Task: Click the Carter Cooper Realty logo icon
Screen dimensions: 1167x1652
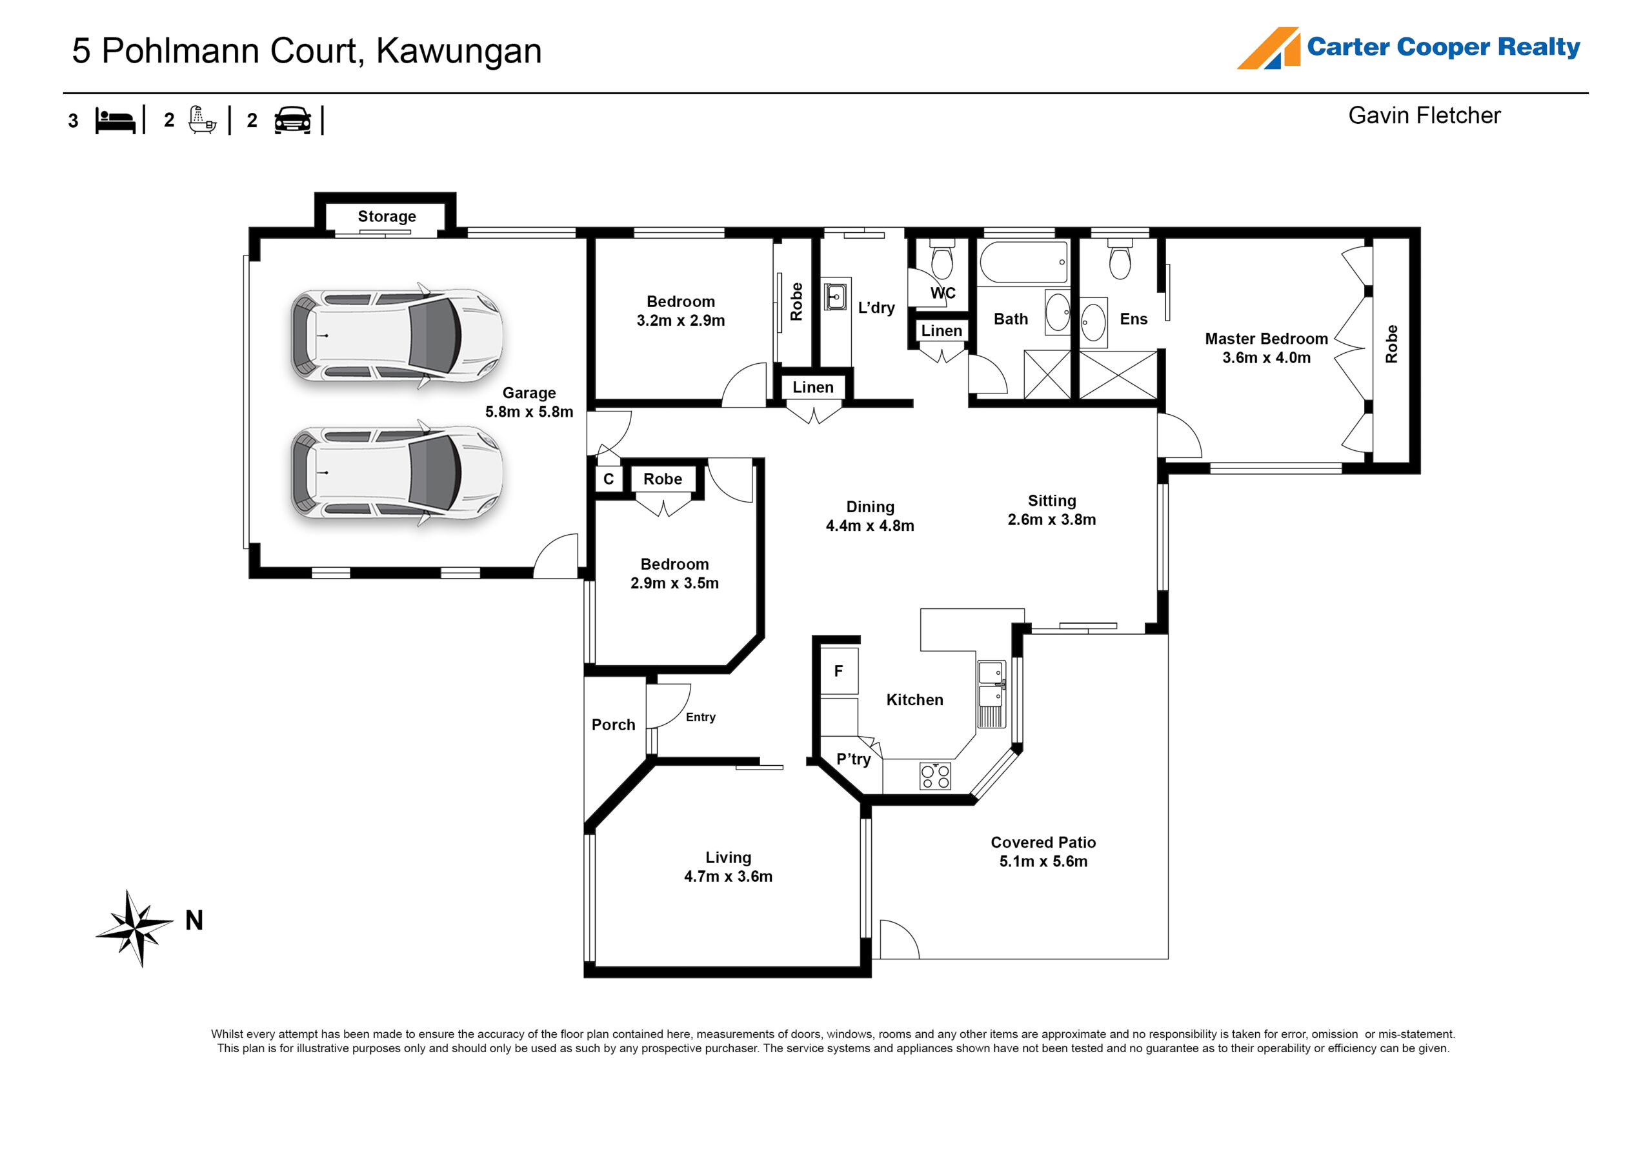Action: pos(1268,48)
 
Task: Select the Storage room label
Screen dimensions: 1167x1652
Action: pos(387,217)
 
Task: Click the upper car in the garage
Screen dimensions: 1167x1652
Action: pos(396,335)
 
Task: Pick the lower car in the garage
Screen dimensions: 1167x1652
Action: pos(396,473)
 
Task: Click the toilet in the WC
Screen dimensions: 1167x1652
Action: pos(942,260)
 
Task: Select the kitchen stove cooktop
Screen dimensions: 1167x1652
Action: pos(934,775)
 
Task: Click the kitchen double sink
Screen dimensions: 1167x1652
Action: pos(990,684)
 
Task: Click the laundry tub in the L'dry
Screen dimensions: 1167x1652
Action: pos(835,295)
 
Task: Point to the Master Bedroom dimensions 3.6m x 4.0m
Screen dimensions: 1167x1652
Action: pos(1265,357)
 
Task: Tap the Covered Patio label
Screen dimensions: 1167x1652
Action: pos(1043,842)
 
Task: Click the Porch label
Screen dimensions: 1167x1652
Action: pos(613,724)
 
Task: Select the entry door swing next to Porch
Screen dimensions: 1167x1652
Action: pos(667,705)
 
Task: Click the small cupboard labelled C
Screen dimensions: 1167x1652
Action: pos(608,479)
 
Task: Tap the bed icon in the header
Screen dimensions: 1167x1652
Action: pos(115,120)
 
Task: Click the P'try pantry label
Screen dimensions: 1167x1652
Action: pos(852,759)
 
